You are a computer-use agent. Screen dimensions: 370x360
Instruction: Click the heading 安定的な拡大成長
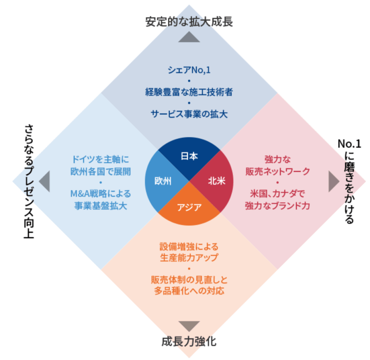point(189,22)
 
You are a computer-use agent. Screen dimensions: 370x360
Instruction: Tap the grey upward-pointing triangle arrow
point(189,37)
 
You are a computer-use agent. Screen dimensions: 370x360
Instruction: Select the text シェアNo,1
point(189,70)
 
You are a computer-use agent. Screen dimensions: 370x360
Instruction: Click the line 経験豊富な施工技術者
point(189,92)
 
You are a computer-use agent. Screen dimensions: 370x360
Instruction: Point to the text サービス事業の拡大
point(189,114)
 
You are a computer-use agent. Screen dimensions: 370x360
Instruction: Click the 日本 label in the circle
point(189,156)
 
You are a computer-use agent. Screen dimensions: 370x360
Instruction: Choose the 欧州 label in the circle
point(163,181)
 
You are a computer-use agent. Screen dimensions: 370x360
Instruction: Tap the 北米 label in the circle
point(217,181)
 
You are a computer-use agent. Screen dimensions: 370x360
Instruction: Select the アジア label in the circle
point(189,207)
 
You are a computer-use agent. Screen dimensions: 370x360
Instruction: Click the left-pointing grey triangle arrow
point(45,181)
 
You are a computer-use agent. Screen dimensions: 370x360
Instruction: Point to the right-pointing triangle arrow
point(334,181)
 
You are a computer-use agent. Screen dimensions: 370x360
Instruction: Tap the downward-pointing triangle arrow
point(189,326)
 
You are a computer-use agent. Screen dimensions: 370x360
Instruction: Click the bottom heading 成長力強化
point(189,341)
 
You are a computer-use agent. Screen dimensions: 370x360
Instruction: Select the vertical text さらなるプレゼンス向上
point(29,181)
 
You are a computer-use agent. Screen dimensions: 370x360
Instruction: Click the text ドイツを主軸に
point(100,159)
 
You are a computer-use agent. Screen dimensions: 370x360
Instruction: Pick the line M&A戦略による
point(100,194)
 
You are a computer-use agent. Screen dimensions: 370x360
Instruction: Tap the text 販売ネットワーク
point(277,172)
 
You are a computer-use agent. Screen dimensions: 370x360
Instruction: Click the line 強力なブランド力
point(277,206)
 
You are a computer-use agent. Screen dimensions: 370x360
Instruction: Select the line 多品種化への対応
point(189,291)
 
